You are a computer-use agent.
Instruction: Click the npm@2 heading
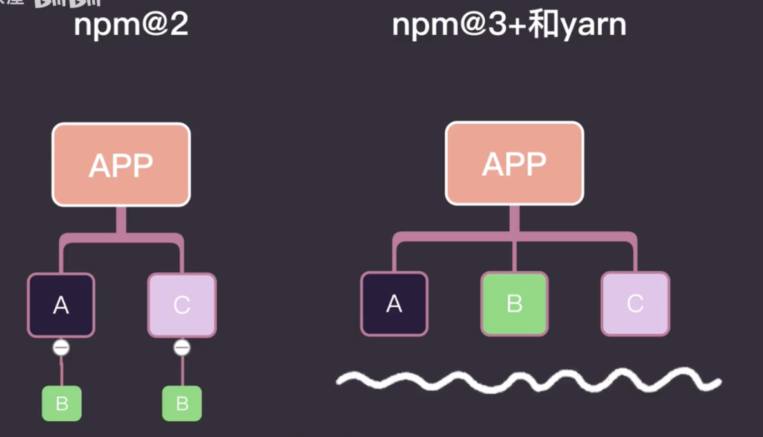(x=131, y=25)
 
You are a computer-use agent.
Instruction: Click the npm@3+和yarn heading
(x=509, y=25)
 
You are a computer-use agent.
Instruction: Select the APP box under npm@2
(x=121, y=164)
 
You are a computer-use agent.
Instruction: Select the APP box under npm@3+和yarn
(x=514, y=163)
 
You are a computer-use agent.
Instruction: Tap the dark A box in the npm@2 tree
(x=61, y=305)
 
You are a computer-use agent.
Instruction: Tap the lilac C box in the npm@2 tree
(x=182, y=305)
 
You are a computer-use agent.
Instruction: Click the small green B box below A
(x=62, y=403)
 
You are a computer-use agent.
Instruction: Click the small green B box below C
(x=182, y=403)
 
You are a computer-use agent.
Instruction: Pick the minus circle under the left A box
(x=61, y=348)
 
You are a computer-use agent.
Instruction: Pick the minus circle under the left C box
(x=182, y=348)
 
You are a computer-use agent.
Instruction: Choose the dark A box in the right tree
(x=394, y=304)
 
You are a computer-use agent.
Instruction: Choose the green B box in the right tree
(x=514, y=304)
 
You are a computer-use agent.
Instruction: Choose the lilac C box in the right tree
(x=635, y=304)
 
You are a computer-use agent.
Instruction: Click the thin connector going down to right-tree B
(x=514, y=257)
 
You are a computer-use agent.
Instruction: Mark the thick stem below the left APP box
(x=121, y=220)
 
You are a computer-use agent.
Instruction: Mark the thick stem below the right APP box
(x=514, y=219)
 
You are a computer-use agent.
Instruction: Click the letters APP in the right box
(x=514, y=164)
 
